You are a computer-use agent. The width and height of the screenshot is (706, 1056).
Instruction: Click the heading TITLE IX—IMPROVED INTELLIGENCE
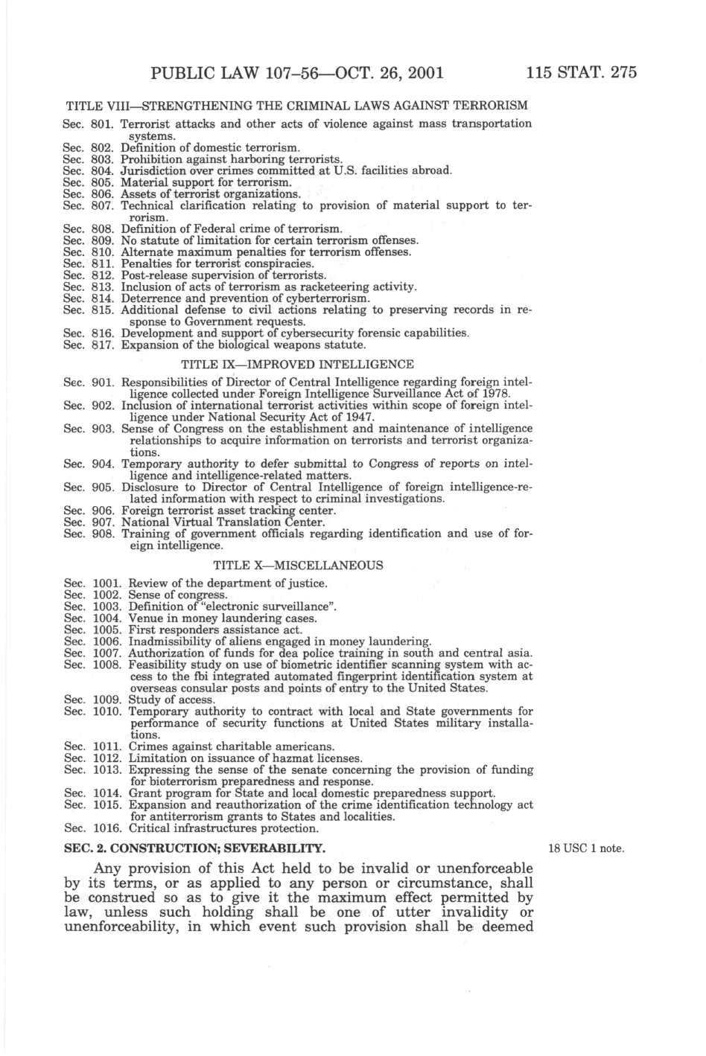coord(297,365)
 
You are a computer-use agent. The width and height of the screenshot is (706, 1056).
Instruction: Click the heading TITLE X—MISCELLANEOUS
coord(298,565)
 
